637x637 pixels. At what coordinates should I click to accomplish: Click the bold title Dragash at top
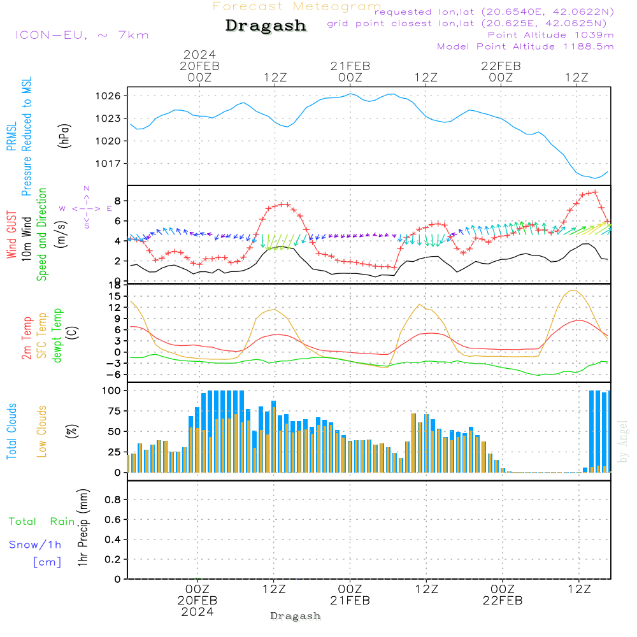point(266,26)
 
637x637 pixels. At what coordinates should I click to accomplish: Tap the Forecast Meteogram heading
point(297,6)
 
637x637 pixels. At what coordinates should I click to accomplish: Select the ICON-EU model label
point(82,34)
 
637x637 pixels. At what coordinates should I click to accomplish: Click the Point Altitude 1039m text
point(550,35)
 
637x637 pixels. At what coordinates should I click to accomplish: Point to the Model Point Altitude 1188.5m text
point(526,47)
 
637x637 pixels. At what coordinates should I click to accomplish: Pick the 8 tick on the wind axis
point(117,201)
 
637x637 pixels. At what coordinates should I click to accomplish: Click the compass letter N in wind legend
point(87,189)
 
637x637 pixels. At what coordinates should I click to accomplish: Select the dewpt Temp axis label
point(57,336)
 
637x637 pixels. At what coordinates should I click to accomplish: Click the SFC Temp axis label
point(42,336)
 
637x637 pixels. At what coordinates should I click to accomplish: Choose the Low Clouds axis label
point(42,431)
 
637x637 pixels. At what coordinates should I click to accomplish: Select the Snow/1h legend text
point(36,545)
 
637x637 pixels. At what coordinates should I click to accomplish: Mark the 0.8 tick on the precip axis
point(113,500)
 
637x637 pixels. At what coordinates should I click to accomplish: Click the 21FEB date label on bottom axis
point(350,601)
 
